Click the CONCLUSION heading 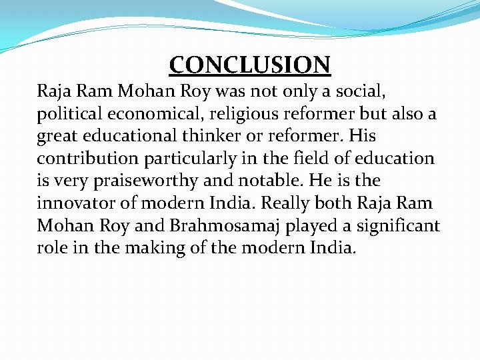(x=250, y=65)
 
